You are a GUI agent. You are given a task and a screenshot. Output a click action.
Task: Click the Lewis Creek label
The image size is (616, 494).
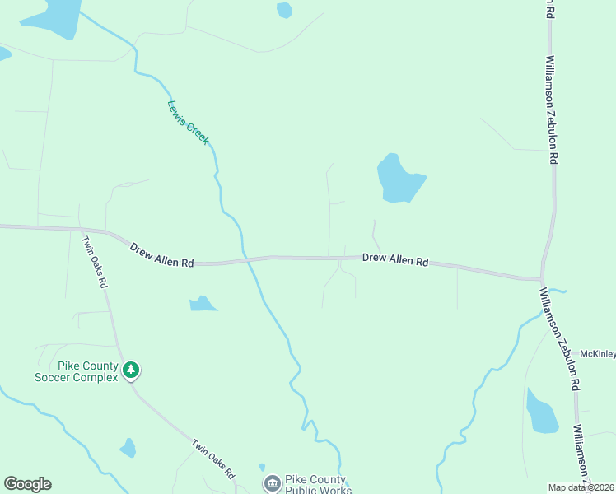pyautogui.click(x=189, y=123)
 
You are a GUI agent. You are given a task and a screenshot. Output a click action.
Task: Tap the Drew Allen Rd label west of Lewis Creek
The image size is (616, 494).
pyautogui.click(x=161, y=254)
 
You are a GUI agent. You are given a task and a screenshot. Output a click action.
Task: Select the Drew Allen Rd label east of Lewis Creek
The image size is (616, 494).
pyautogui.click(x=395, y=259)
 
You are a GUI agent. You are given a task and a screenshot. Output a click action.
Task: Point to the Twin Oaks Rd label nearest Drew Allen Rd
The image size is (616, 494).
pyautogui.click(x=94, y=262)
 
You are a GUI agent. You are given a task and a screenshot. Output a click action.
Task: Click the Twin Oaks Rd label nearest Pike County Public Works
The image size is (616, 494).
pyautogui.click(x=214, y=459)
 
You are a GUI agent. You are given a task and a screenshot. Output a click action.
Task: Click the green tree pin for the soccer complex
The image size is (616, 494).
pyautogui.click(x=130, y=370)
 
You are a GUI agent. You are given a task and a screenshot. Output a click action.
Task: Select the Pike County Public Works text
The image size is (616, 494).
pyautogui.click(x=319, y=484)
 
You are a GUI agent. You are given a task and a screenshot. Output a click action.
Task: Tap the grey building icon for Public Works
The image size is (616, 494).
pyautogui.click(x=272, y=483)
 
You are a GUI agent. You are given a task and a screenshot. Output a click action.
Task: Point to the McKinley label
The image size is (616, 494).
pyautogui.click(x=598, y=354)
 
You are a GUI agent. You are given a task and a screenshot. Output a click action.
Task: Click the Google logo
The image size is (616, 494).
pyautogui.click(x=27, y=484)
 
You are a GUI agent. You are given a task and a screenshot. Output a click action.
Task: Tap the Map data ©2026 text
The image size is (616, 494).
pyautogui.click(x=581, y=487)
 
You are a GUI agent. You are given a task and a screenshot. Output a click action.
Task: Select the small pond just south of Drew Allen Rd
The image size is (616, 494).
pyautogui.click(x=202, y=304)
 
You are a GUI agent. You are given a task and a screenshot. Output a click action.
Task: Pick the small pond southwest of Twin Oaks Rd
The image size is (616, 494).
pyautogui.click(x=128, y=448)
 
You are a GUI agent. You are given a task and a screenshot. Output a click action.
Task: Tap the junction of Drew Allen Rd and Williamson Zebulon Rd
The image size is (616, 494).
pyautogui.click(x=543, y=279)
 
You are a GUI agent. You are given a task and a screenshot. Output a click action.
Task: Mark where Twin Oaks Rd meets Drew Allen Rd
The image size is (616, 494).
pyautogui.click(x=81, y=231)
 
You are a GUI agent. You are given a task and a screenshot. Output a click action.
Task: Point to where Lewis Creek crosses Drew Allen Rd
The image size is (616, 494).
pyautogui.click(x=245, y=260)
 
